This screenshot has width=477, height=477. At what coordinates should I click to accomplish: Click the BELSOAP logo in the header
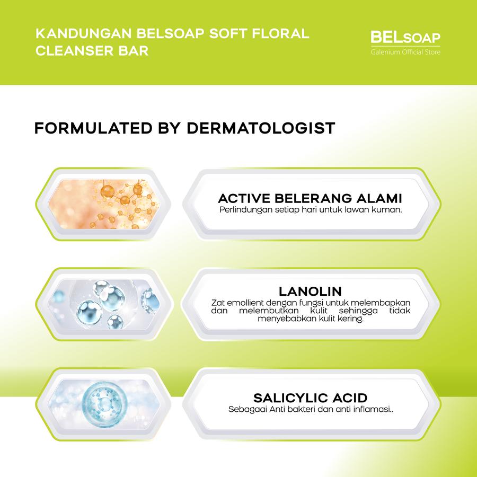(405, 38)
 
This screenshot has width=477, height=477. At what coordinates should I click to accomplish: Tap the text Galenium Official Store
(405, 52)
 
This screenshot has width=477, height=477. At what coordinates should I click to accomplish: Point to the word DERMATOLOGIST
(261, 128)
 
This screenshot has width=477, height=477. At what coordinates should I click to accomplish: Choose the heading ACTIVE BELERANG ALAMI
(310, 198)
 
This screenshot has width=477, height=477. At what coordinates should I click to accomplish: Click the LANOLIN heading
(310, 291)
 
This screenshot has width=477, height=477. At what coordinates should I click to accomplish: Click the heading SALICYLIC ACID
(310, 398)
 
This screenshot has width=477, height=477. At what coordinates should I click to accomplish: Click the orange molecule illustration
(103, 204)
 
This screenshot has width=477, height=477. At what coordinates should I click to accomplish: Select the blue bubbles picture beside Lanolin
(103, 304)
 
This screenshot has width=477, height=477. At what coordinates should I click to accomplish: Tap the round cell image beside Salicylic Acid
(103, 404)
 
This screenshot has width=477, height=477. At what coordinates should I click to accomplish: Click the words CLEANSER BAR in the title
(92, 50)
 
